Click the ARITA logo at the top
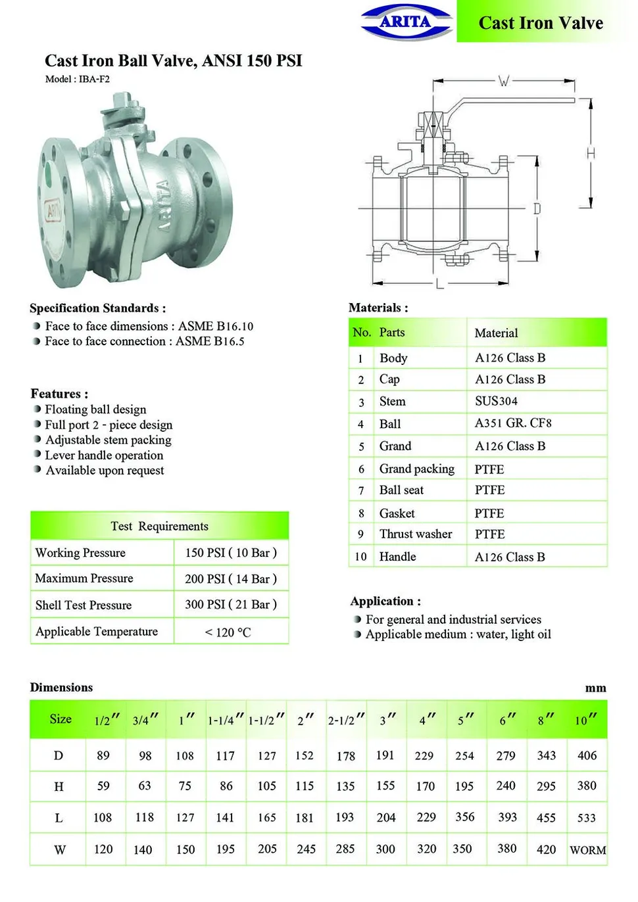point(406,22)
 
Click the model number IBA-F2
point(94,79)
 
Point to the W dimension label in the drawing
point(503,81)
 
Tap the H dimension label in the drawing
point(591,153)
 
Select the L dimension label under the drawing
point(440,283)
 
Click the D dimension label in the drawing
point(537,208)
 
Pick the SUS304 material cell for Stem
point(496,400)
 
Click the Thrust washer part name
point(416,534)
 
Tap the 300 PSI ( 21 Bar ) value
point(231,604)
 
